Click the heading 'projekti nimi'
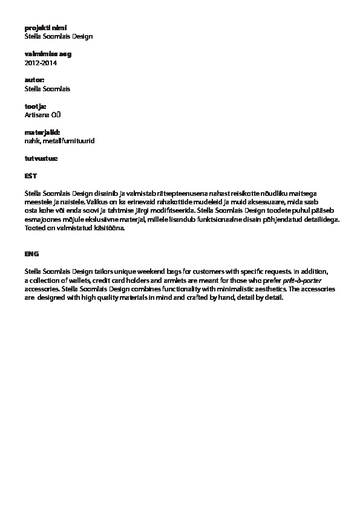[x=45, y=28]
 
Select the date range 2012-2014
[x=41, y=62]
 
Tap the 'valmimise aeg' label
[x=48, y=54]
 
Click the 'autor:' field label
[x=34, y=80]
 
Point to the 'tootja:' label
[x=35, y=106]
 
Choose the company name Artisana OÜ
[x=43, y=114]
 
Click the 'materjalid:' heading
[x=42, y=132]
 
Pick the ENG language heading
[x=32, y=254]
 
